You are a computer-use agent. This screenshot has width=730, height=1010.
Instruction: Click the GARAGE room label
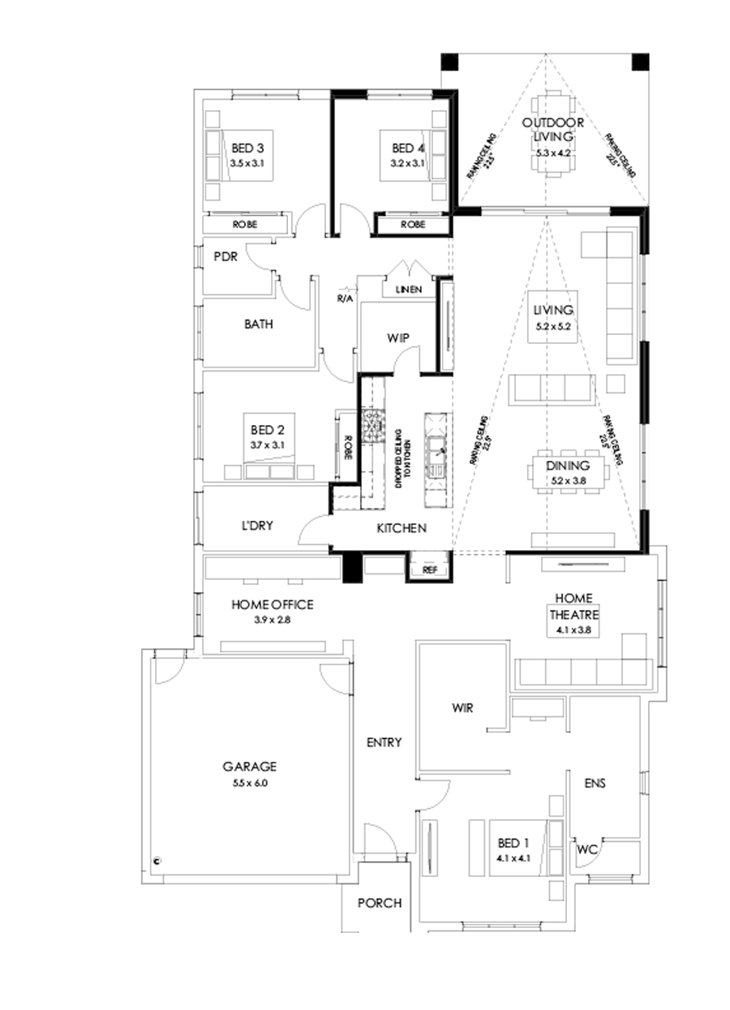coord(250,765)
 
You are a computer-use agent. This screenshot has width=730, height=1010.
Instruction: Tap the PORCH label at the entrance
coord(380,903)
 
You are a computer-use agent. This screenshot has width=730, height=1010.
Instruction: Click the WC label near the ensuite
coord(587,850)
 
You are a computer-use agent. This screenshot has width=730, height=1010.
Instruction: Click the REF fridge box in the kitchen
coord(430,570)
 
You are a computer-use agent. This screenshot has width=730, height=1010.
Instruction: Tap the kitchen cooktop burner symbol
coord(375,424)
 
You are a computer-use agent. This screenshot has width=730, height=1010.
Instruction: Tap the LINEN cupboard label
coord(409,290)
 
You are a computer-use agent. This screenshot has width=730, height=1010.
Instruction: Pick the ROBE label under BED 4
coord(412,224)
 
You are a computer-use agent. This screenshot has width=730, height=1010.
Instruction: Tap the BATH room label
coord(258,324)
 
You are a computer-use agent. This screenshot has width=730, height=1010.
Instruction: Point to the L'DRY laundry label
coord(256,526)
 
